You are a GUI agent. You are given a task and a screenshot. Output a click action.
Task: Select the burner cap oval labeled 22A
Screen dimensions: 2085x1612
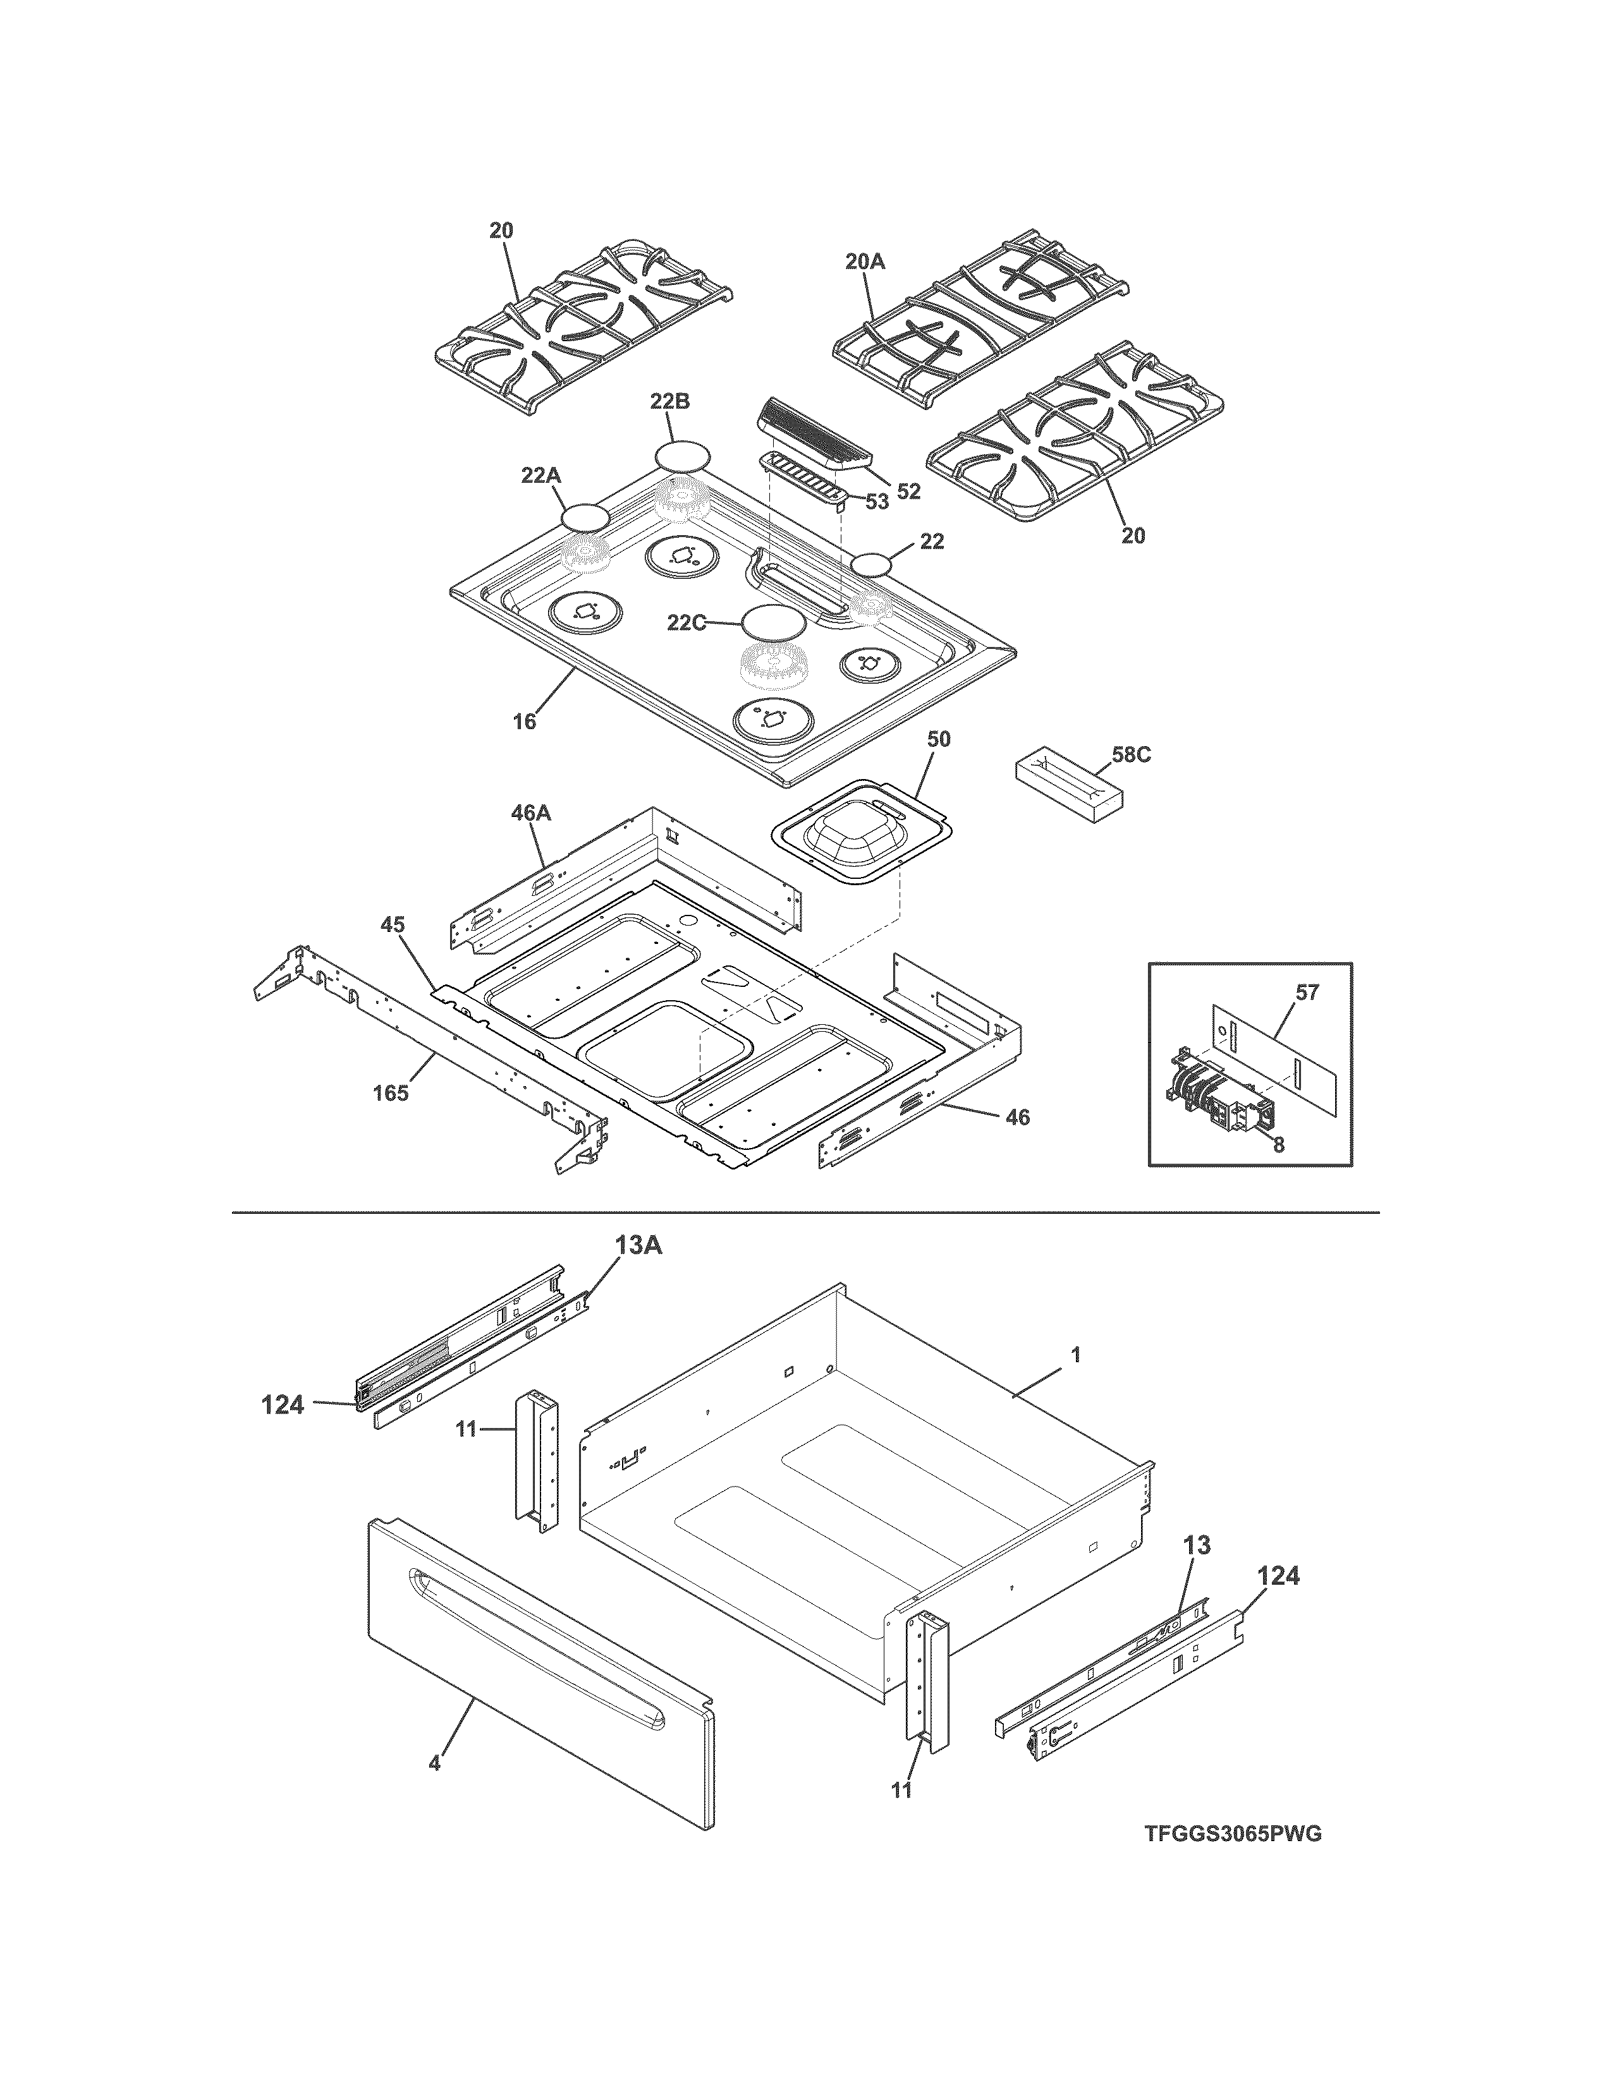pos(585,518)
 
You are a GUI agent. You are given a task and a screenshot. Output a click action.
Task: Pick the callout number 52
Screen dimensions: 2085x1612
pos(908,491)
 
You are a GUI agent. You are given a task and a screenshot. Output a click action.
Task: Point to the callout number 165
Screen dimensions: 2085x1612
pos(391,1092)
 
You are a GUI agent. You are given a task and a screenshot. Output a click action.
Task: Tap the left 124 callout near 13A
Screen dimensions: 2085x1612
pos(283,1405)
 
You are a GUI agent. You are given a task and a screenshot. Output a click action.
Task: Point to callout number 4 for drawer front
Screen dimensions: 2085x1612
pos(434,1763)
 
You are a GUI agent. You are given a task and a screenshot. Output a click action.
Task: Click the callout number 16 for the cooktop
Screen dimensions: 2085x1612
pos(524,721)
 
